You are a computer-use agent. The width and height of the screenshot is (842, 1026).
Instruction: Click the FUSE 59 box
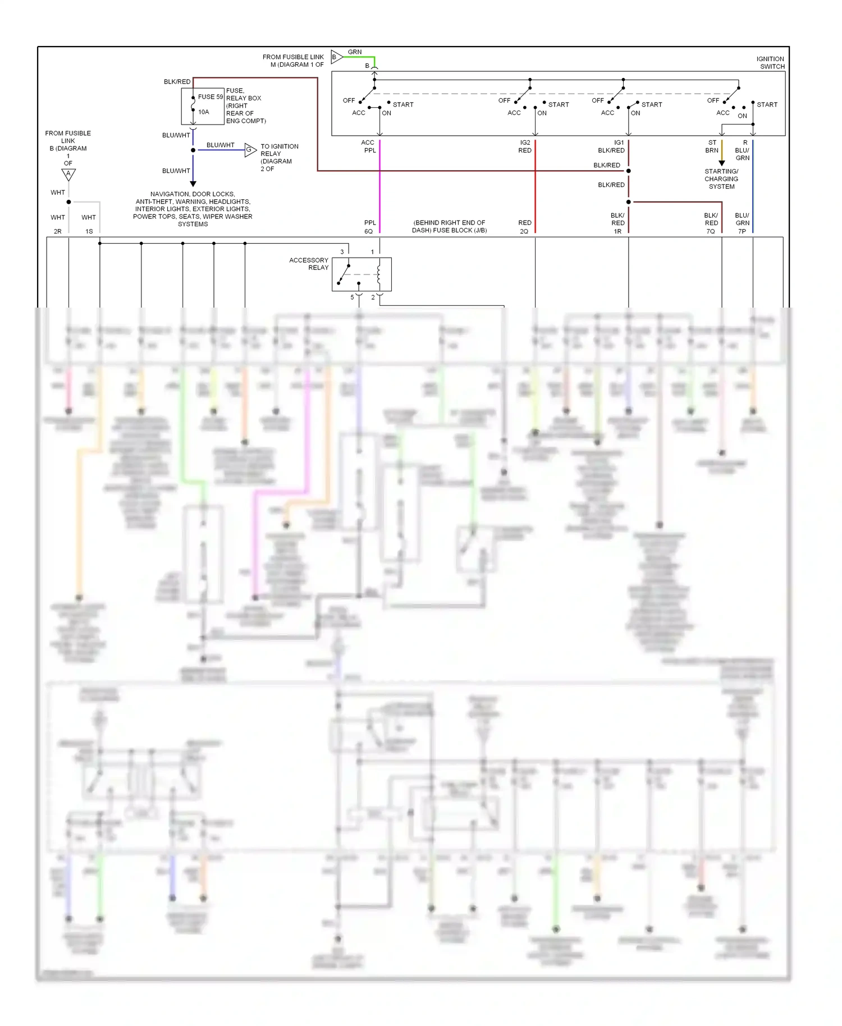203,106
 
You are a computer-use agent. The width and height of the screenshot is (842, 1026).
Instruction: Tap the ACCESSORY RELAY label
309,264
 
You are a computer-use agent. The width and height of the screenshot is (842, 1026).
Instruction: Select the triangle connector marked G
250,150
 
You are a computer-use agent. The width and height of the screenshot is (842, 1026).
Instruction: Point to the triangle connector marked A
68,174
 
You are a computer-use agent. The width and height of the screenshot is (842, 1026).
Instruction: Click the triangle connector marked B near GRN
336,57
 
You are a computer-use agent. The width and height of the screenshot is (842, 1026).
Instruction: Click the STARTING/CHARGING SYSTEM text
721,179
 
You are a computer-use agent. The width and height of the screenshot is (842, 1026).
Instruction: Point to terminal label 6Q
368,231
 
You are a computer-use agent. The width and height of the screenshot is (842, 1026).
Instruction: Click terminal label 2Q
524,231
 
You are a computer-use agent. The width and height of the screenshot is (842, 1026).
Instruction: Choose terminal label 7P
742,231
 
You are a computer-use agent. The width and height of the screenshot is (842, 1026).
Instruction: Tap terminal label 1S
89,231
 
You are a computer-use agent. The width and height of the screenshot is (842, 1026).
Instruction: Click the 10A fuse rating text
204,112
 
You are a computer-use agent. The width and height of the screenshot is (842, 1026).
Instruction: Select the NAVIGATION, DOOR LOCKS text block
193,209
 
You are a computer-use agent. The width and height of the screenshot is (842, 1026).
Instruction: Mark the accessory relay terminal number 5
352,297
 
